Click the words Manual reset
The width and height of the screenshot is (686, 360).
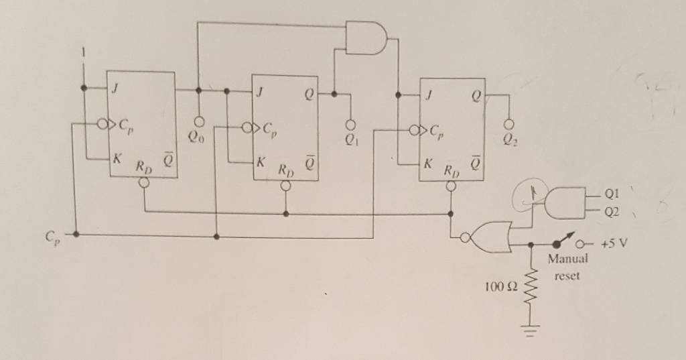[x=567, y=267]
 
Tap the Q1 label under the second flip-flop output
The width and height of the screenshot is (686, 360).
[x=348, y=141]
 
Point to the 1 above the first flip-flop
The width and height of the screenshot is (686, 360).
[x=84, y=52]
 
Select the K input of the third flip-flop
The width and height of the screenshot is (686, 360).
[x=427, y=163]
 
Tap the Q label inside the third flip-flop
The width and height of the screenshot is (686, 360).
[x=476, y=95]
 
